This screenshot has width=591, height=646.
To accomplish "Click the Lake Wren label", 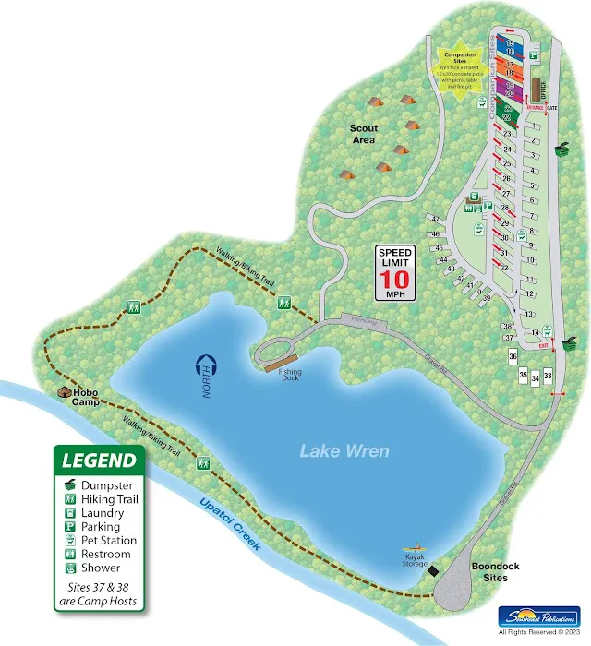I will tap(344, 451).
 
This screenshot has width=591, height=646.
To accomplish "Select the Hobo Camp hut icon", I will tap(63, 393).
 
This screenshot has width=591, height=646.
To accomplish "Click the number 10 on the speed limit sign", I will tap(395, 278).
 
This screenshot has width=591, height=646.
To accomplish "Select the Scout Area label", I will tap(362, 134).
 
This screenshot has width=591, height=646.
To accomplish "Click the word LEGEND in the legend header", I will tap(99, 460).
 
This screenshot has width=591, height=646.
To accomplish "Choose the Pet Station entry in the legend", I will tap(108, 540).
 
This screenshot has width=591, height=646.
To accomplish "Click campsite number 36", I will tap(513, 356).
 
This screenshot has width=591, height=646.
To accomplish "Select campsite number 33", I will tap(548, 376).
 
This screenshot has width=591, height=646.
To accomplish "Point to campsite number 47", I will tap(434, 219).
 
